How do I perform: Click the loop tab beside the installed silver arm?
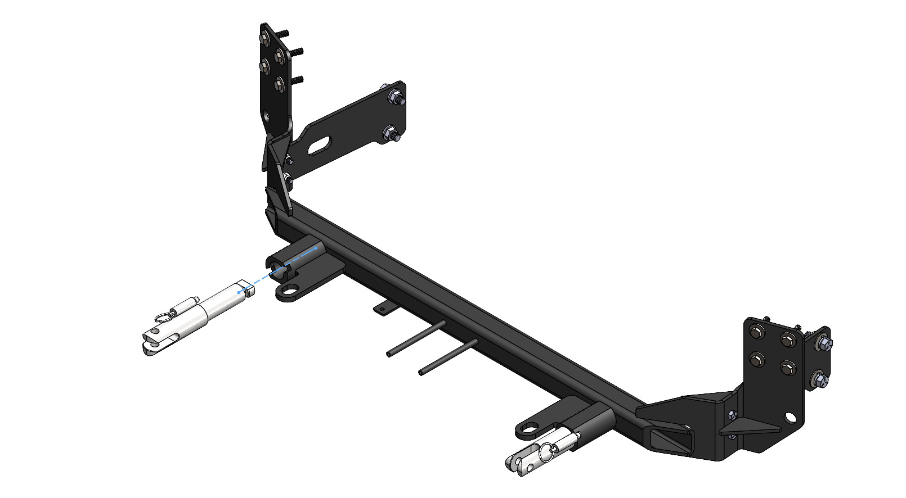[x=527, y=430]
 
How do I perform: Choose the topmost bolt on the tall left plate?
[x=265, y=38]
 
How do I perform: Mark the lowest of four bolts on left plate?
[x=279, y=85]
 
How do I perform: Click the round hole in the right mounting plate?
[x=790, y=418]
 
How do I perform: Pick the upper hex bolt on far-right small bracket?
[x=825, y=342]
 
